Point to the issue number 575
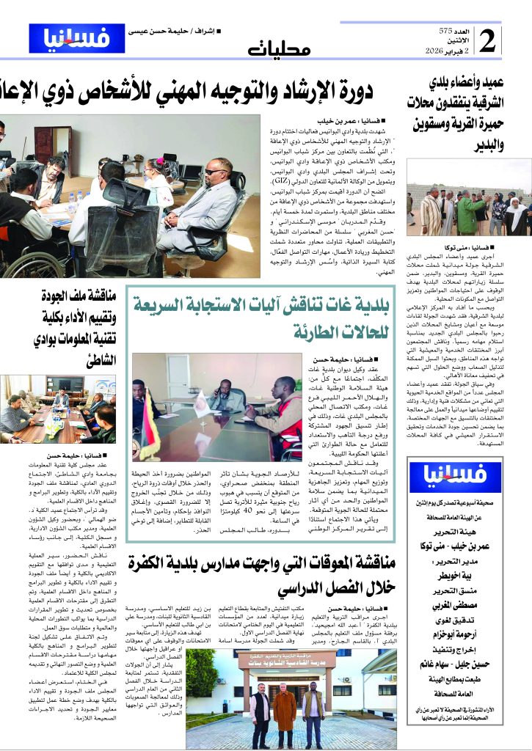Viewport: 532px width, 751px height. tap(445, 31)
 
